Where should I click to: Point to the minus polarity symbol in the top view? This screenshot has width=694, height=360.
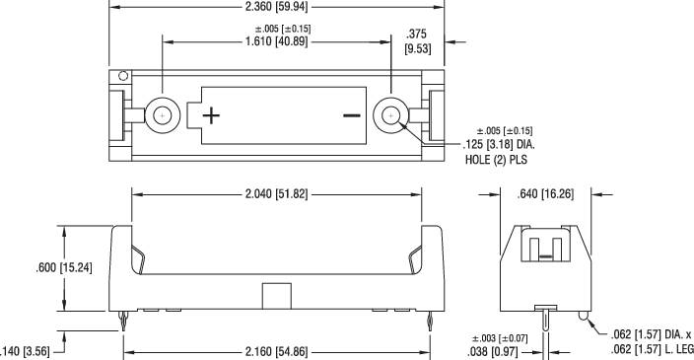click(351, 115)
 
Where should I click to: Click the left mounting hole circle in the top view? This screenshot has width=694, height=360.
click(162, 115)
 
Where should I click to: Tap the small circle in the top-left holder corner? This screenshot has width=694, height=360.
click(123, 76)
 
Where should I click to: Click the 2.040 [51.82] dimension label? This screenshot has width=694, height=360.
click(275, 194)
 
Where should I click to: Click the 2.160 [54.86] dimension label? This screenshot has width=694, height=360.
click(275, 352)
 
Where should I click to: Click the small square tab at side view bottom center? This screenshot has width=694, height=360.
click(276, 294)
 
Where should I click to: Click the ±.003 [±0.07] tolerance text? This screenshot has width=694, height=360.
click(502, 338)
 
